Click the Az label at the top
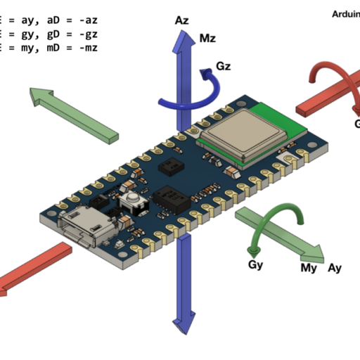click(x=182, y=22)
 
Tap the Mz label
click(x=209, y=38)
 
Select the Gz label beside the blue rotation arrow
click(x=224, y=67)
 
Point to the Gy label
click(x=256, y=264)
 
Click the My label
click(x=309, y=268)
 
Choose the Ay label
click(x=335, y=268)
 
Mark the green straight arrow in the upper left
click(x=74, y=112)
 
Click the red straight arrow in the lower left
click(x=32, y=267)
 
